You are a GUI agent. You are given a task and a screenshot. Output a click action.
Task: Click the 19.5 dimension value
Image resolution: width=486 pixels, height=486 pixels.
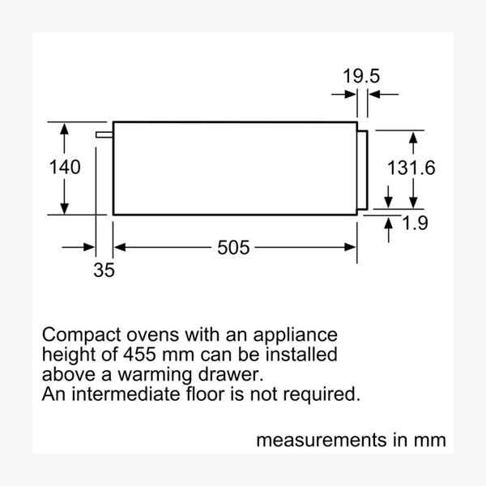(360, 77)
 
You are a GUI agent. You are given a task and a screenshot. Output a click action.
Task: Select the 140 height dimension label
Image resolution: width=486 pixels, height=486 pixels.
(65, 168)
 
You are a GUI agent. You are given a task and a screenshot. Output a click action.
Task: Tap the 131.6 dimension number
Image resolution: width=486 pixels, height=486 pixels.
(411, 168)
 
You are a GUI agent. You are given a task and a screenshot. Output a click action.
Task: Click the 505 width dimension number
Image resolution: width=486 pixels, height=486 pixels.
(233, 247)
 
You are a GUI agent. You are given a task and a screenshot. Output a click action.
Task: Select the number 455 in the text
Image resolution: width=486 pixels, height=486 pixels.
(145, 355)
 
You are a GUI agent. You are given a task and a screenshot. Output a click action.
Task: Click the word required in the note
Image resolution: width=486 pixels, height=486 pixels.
(322, 395)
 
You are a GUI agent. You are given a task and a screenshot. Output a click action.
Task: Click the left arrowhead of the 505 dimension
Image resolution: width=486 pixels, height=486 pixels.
(117, 247)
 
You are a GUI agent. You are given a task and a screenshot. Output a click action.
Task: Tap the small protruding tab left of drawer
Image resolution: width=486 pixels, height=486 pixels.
(104, 134)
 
